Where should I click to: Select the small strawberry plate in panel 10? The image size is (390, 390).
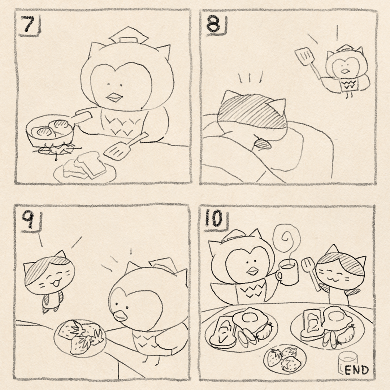click(285, 358)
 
